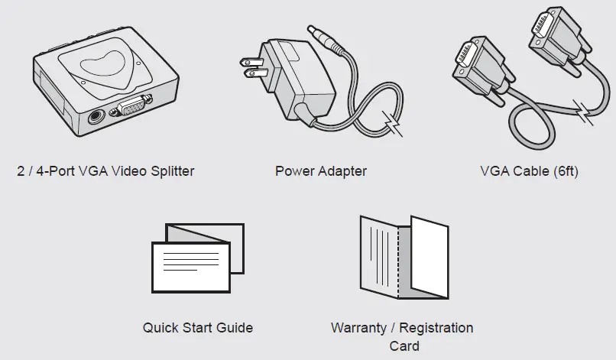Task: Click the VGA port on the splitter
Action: pyautogui.click(x=131, y=110)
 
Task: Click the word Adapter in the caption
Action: pyautogui.click(x=342, y=171)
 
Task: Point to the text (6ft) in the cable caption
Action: pyautogui.click(x=564, y=171)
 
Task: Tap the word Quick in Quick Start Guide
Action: pyautogui.click(x=159, y=328)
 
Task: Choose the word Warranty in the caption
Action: pyautogui.click(x=358, y=328)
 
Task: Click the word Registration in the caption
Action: pyautogui.click(x=436, y=328)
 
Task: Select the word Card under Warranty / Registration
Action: pyautogui.click(x=404, y=345)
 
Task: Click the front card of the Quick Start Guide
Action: pyautogui.click(x=190, y=264)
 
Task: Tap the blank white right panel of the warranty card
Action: pyautogui.click(x=430, y=257)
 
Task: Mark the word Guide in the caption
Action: pyautogui.click(x=235, y=328)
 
